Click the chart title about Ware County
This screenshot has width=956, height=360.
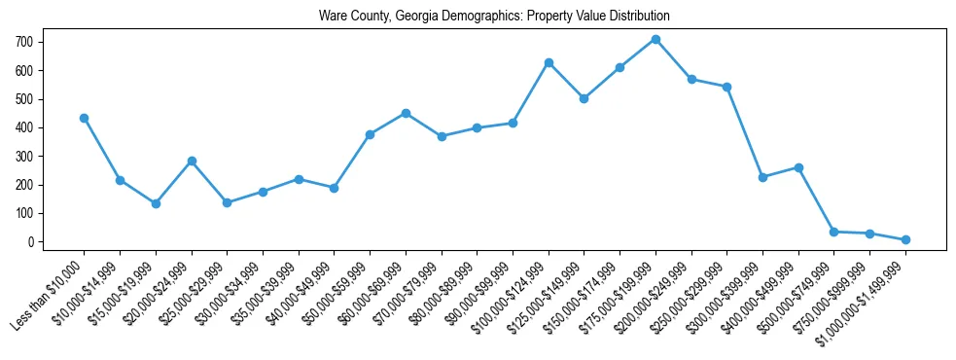coord(494,17)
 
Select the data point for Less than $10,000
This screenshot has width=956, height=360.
coord(84,118)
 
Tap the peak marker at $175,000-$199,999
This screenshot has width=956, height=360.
coord(655,39)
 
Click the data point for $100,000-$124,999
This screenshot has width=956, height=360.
coord(549,62)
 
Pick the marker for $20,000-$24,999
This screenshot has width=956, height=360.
coord(192,161)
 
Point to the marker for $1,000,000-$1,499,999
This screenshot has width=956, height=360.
coord(905,239)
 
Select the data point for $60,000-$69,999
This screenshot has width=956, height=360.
coord(406,113)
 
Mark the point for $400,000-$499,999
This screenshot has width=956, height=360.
coord(798,167)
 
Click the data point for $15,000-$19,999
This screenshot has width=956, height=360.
coord(156,203)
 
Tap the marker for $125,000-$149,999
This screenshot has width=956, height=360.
coord(584,98)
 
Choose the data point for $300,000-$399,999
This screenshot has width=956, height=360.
coord(762,177)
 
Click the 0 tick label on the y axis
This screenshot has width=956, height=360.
coord(31,241)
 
